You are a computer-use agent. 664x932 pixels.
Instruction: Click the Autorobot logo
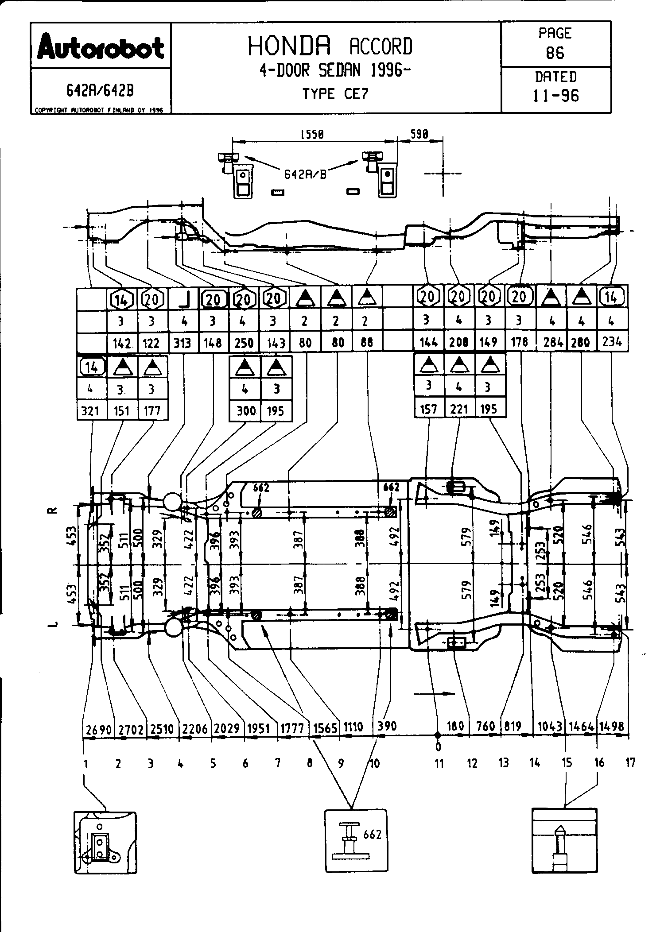[x=101, y=46]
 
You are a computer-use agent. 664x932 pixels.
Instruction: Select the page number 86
[x=555, y=53]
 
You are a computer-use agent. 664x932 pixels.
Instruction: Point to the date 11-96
[x=555, y=96]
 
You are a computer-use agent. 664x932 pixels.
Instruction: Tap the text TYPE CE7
[x=335, y=94]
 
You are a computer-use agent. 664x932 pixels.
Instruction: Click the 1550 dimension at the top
[x=312, y=135]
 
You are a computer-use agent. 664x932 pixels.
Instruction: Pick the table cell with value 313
[x=182, y=343]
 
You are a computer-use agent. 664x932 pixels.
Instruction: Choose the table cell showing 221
[x=459, y=410]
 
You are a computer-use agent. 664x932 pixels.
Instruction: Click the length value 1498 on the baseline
[x=613, y=727]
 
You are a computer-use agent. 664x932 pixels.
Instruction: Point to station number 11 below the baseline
[x=439, y=763]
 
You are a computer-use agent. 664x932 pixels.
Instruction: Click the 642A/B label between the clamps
[x=305, y=174]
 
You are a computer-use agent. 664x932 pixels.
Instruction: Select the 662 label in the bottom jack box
[x=372, y=834]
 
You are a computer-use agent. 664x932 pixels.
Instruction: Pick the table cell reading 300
[x=245, y=411]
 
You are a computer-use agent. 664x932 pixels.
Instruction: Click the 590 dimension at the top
[x=419, y=135]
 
